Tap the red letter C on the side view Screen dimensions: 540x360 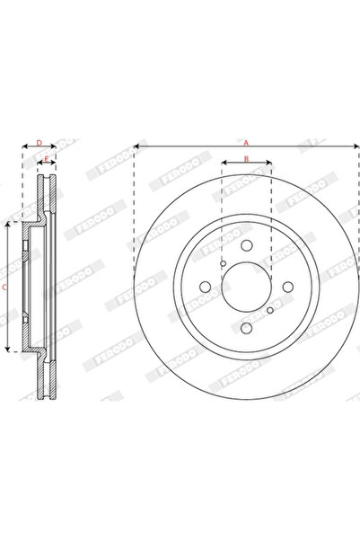(x=4, y=287)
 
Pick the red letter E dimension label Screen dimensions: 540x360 (x=46, y=159)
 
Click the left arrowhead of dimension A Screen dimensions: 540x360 (x=136, y=145)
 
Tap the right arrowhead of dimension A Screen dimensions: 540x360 (x=356, y=145)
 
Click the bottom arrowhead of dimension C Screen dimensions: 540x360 (x=9, y=350)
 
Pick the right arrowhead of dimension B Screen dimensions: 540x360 (x=270, y=165)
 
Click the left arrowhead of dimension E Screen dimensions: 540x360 (x=39, y=165)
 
